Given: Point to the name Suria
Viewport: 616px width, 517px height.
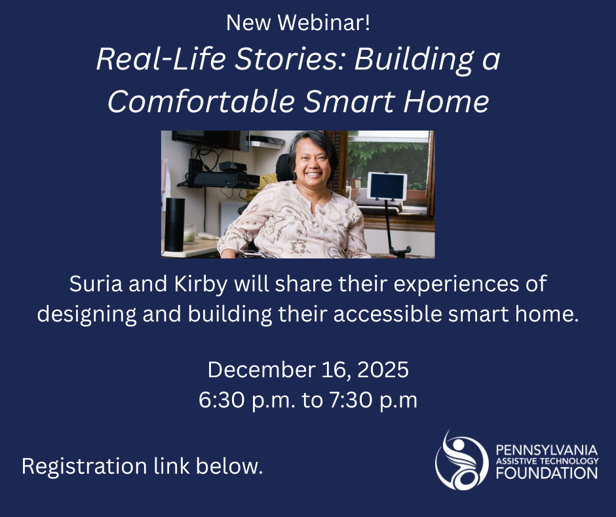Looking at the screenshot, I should pyautogui.click(x=94, y=286).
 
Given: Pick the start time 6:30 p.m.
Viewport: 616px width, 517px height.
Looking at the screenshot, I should pyautogui.click(x=247, y=400).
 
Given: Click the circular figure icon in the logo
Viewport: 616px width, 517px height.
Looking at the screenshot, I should pyautogui.click(x=462, y=461).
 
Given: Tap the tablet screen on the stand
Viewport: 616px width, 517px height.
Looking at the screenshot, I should pyautogui.click(x=387, y=186).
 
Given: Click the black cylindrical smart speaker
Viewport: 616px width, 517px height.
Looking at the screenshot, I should pyautogui.click(x=174, y=224).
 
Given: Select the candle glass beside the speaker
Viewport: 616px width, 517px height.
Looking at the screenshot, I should pyautogui.click(x=191, y=234).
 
